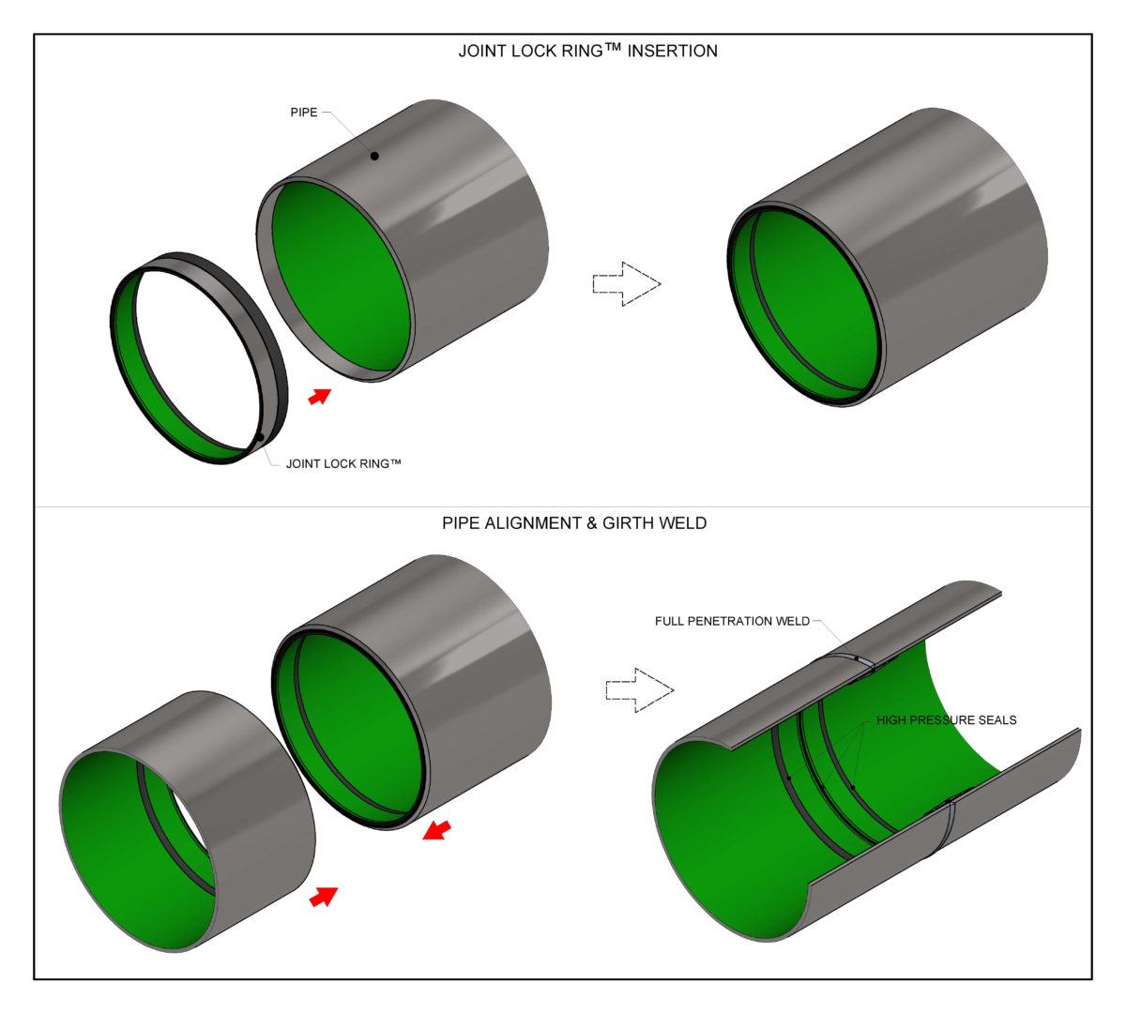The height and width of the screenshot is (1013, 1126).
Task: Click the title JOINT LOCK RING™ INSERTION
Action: (587, 51)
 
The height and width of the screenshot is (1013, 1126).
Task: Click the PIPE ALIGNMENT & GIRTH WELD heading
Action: (574, 522)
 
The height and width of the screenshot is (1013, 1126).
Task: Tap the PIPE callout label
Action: (304, 113)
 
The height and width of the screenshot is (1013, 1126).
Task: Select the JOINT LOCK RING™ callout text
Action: (343, 463)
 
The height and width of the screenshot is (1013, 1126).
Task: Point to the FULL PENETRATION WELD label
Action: (732, 621)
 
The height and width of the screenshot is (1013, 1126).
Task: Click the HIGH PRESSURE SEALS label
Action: (946, 720)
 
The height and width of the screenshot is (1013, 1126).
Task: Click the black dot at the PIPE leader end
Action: (374, 156)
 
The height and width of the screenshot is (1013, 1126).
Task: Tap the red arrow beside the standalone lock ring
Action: (320, 396)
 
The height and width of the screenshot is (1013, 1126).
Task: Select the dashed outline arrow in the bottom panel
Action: (639, 690)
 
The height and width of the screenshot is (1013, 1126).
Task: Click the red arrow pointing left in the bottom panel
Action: (436, 829)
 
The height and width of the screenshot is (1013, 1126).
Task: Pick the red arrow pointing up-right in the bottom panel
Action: (323, 897)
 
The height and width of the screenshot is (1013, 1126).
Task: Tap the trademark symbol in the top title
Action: (613, 47)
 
